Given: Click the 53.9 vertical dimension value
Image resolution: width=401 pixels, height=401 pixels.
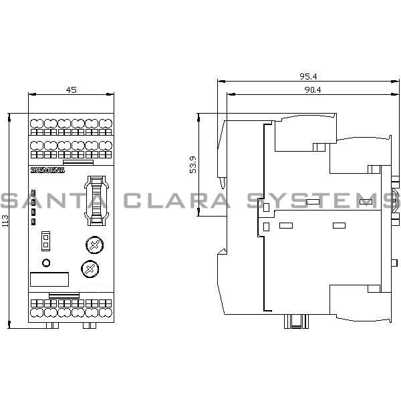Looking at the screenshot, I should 194,165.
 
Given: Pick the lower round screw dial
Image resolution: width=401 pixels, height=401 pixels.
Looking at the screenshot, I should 87,269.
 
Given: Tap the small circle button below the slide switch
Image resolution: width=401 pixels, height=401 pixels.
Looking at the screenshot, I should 46,262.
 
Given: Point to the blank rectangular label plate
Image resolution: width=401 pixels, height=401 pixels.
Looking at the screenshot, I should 50,281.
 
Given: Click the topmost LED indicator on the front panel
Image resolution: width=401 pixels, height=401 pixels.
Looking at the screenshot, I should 33,192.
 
